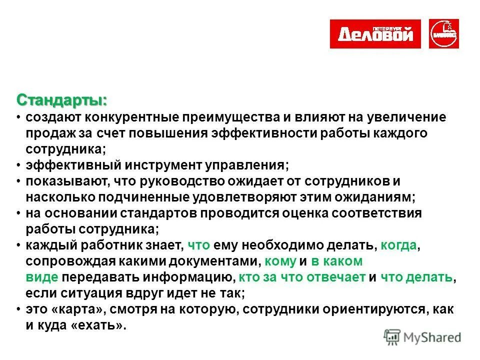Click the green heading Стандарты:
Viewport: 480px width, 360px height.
[x=61, y=99]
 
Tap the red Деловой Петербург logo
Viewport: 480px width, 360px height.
[x=375, y=34]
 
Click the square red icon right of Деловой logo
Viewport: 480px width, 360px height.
[x=444, y=34]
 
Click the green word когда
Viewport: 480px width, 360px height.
[x=398, y=245]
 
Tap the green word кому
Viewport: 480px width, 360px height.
[x=280, y=261]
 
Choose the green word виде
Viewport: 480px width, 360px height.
[x=42, y=277]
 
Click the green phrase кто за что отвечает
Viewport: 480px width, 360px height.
[x=302, y=277]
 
